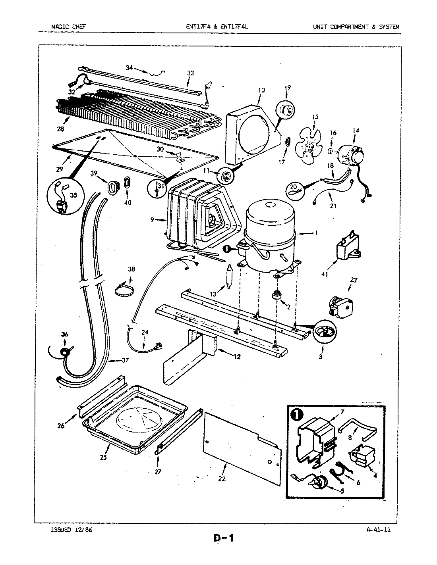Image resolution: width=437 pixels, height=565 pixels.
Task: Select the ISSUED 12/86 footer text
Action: tap(72, 530)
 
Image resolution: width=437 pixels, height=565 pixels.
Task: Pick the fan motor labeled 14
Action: tap(350, 153)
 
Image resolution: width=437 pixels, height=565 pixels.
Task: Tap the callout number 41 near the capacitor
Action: tap(325, 273)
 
